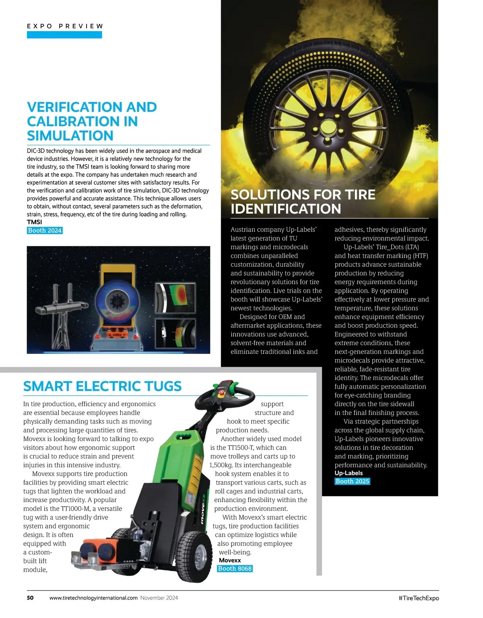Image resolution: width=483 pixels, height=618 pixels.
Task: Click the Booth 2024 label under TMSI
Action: [x=45, y=230]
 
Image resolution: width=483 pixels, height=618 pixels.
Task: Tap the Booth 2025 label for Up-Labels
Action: [x=352, y=481]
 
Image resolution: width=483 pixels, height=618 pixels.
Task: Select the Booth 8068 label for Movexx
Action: [x=235, y=568]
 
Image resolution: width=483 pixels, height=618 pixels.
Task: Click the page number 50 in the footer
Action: [x=30, y=598]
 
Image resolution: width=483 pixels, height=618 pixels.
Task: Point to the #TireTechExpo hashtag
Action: [x=419, y=598]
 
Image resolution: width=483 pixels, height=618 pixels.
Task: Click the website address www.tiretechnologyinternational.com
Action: [x=93, y=598]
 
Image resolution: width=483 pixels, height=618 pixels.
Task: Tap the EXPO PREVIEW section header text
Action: [x=65, y=26]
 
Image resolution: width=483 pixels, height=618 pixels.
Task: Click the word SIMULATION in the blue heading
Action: [x=70, y=136]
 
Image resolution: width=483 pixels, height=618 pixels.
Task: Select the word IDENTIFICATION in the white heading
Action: [x=286, y=209]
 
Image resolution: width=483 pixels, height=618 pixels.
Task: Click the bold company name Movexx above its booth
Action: [x=230, y=560]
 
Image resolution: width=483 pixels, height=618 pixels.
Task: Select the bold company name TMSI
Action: [x=34, y=222]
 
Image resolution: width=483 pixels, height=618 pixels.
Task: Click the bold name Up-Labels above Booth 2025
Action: [x=349, y=473]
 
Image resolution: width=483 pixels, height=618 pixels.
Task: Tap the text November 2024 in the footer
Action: [x=159, y=598]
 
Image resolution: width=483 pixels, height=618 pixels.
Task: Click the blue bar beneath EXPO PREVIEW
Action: [x=64, y=35]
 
